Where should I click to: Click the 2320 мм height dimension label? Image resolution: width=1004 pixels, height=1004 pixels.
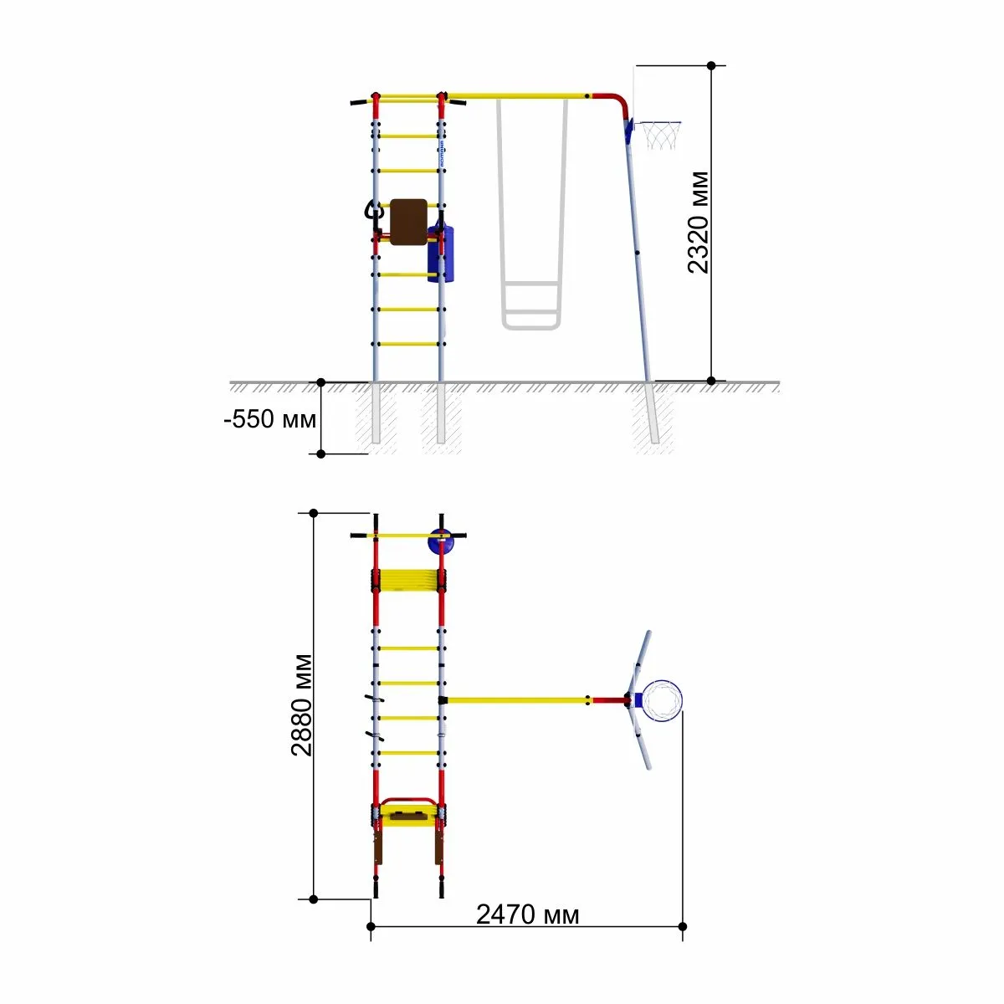[x=698, y=222]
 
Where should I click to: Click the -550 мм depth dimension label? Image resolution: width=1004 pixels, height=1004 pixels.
[x=270, y=419]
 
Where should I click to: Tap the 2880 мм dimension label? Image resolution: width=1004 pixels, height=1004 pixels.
[x=301, y=705]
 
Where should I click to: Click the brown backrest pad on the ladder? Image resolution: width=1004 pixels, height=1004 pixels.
[x=408, y=222]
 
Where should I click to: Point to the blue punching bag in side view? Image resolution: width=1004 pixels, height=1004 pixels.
[x=440, y=254]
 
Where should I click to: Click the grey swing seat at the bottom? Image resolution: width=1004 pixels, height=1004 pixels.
[x=531, y=324]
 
